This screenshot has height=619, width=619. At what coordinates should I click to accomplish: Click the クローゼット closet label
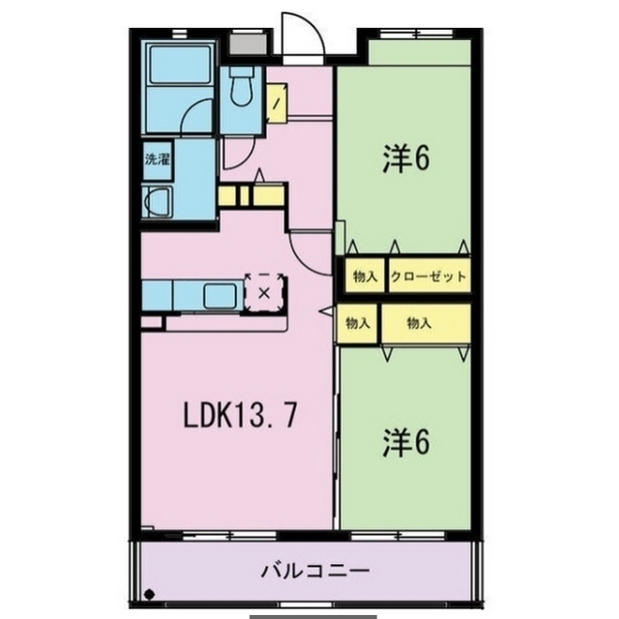click(x=428, y=277)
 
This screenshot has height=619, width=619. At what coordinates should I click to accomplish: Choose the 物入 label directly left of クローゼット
click(x=364, y=277)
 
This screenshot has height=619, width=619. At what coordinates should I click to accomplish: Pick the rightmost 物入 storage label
click(x=419, y=324)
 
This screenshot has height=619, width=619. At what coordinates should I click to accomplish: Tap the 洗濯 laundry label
click(x=157, y=159)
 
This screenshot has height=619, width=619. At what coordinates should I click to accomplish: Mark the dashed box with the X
click(x=263, y=290)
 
